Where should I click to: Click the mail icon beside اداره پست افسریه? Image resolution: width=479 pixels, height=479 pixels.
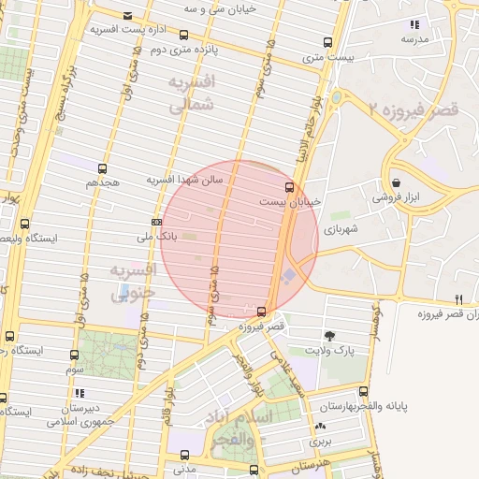[x=127, y=15]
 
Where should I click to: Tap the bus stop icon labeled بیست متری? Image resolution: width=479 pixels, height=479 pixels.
[x=327, y=42]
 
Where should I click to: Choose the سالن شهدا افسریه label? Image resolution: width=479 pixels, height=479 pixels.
[x=184, y=179]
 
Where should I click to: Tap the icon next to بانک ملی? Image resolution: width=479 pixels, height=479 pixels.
[x=156, y=222]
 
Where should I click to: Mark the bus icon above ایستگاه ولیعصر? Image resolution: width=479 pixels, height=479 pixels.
[x=24, y=224]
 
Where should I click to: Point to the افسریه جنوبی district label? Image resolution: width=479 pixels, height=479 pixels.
[x=132, y=282]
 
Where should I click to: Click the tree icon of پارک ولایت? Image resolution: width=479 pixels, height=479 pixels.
[x=329, y=335]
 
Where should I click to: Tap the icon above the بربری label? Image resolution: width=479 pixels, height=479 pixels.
[x=321, y=426]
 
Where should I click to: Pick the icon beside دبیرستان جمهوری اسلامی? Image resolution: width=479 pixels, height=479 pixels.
[x=80, y=394]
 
